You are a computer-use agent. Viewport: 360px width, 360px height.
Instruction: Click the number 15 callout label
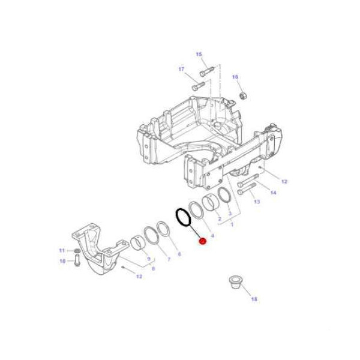(x=199, y=54)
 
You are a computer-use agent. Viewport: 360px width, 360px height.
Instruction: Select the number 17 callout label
(x=181, y=69)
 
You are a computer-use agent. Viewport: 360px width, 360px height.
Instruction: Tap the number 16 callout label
(x=235, y=77)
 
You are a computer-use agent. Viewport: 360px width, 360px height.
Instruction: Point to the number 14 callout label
(x=273, y=193)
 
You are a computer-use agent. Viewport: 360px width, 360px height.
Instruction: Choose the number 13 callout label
(x=257, y=202)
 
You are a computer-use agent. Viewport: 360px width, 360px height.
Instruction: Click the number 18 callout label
(x=254, y=299)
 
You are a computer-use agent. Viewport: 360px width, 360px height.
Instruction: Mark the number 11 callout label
(x=61, y=250)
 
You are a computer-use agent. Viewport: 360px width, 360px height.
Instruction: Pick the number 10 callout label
(x=61, y=261)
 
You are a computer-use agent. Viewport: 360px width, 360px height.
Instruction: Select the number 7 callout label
(x=169, y=259)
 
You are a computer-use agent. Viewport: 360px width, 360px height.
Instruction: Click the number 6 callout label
(x=179, y=254)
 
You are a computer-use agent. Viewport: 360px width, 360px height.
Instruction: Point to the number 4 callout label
(x=212, y=236)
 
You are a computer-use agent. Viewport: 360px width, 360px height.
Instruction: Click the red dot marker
(x=202, y=241)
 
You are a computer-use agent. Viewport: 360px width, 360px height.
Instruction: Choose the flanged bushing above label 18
(x=235, y=282)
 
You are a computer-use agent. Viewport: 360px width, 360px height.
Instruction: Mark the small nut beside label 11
(x=77, y=251)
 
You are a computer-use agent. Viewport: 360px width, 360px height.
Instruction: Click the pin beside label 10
(x=78, y=260)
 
